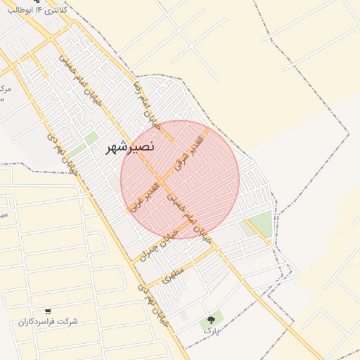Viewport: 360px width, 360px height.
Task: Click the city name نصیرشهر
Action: (x=130, y=147)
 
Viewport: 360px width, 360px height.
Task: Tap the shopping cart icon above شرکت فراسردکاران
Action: (x=48, y=311)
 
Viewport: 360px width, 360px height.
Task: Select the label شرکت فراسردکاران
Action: (x=48, y=321)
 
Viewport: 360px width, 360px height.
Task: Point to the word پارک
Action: (x=212, y=329)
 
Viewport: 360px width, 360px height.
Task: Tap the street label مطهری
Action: (x=173, y=274)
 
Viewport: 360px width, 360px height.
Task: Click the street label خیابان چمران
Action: (x=155, y=246)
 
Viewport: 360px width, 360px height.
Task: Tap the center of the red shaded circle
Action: (x=180, y=179)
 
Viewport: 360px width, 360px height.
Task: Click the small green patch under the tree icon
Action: (x=212, y=317)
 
